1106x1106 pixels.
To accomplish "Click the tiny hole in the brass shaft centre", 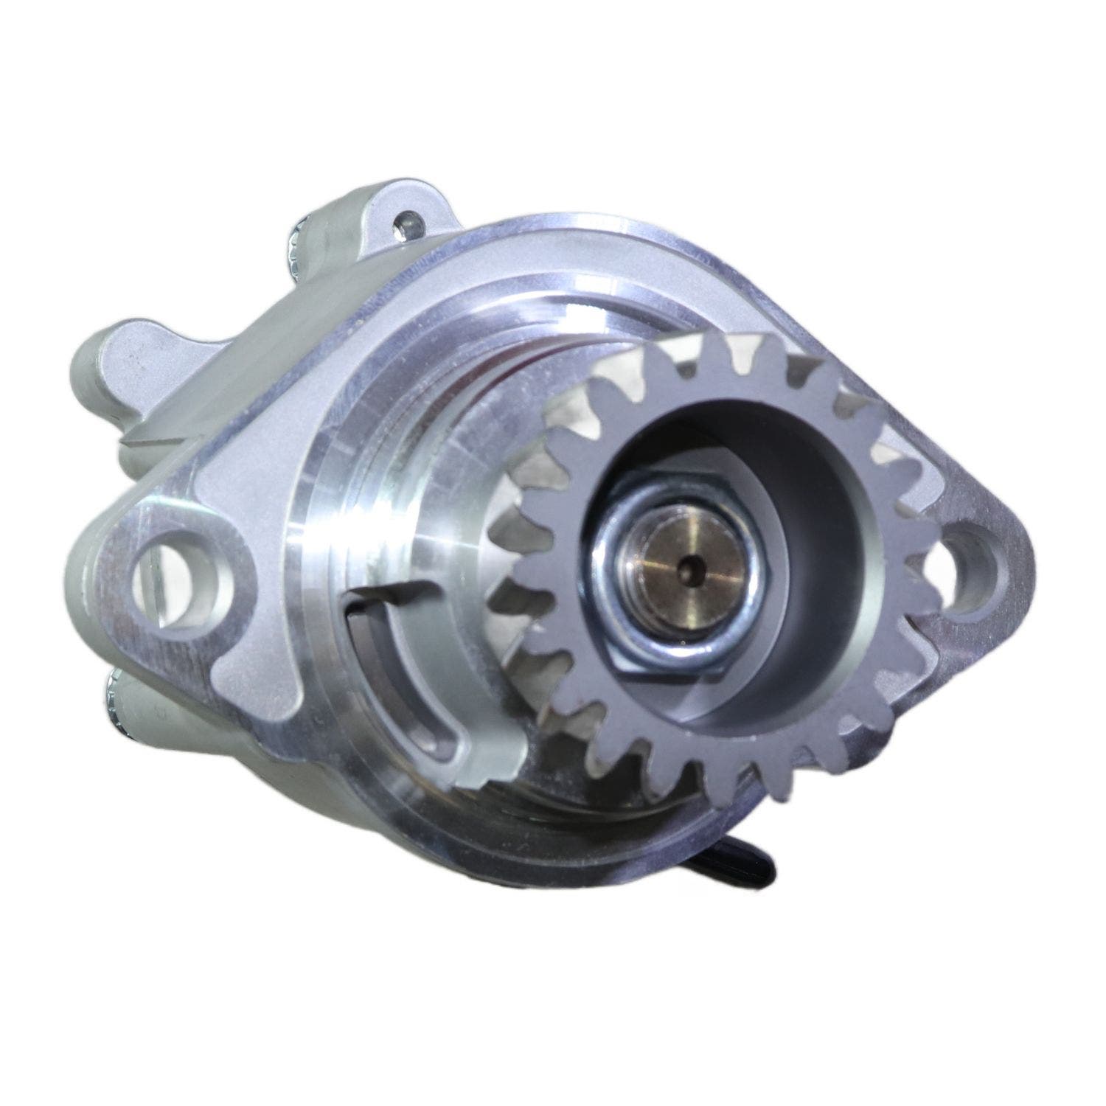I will pos(691,568).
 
